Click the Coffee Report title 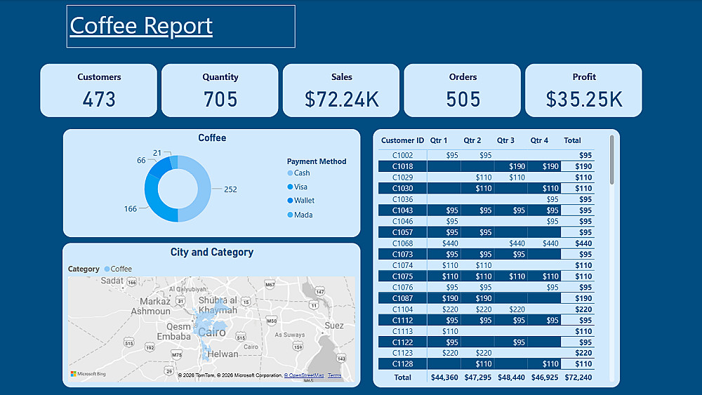pyautogui.click(x=141, y=25)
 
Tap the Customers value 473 pyautogui.click(x=99, y=100)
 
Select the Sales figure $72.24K pyautogui.click(x=342, y=100)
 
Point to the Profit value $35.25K pyautogui.click(x=584, y=100)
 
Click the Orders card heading pyautogui.click(x=463, y=77)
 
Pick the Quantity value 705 pyautogui.click(x=220, y=100)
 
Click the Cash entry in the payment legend pyautogui.click(x=302, y=173)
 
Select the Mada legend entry pyautogui.click(x=303, y=215)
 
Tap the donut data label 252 pyautogui.click(x=230, y=189)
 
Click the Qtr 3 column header pyautogui.click(x=505, y=140)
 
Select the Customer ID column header pyautogui.click(x=402, y=140)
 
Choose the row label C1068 pyautogui.click(x=402, y=243)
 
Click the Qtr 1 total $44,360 pyautogui.click(x=444, y=377)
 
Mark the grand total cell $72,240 pyautogui.click(x=578, y=377)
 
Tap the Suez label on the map pyautogui.click(x=334, y=326)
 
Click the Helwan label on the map pyautogui.click(x=223, y=354)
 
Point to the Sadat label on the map pyautogui.click(x=112, y=281)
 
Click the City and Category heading pyautogui.click(x=211, y=253)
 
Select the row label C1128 pyautogui.click(x=402, y=364)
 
